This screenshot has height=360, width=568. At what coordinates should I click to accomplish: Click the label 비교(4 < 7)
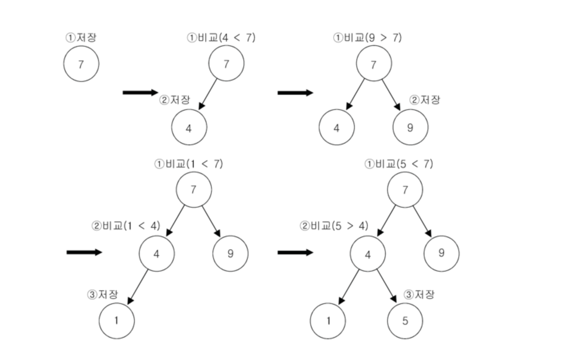[x=221, y=37]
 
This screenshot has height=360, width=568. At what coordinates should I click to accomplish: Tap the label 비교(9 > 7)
[x=367, y=37]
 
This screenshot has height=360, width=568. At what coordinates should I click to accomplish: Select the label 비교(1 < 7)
[x=189, y=164]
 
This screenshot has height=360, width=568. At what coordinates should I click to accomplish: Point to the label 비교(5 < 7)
[x=399, y=164]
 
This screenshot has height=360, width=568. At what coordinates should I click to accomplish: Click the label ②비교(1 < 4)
[x=126, y=226]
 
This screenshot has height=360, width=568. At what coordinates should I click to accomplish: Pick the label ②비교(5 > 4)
[x=334, y=226]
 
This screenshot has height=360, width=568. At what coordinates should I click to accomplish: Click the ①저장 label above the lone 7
[x=81, y=37]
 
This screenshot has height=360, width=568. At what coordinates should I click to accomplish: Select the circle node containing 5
[x=405, y=320]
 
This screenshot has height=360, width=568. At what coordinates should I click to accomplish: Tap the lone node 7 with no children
[x=81, y=64]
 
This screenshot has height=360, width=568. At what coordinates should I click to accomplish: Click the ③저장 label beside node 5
[x=419, y=295]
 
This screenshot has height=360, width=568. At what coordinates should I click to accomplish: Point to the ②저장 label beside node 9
[x=425, y=100]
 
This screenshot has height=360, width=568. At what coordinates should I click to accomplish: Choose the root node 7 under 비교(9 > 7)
[x=374, y=64]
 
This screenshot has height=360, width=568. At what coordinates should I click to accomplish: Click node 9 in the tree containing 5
[x=441, y=253]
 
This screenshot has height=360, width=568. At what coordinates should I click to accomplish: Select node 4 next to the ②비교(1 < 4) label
[x=157, y=254]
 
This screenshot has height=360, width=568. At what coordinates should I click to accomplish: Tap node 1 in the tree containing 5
[x=328, y=320]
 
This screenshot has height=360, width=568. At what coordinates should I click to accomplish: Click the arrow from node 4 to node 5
[x=386, y=286]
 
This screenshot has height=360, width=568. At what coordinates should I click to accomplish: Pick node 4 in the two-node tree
[x=189, y=128]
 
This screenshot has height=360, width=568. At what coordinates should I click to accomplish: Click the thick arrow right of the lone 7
[x=140, y=93]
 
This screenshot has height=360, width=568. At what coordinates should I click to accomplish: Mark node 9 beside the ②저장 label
[x=410, y=128]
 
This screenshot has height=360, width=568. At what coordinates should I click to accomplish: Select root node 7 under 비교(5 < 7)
[x=405, y=190]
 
